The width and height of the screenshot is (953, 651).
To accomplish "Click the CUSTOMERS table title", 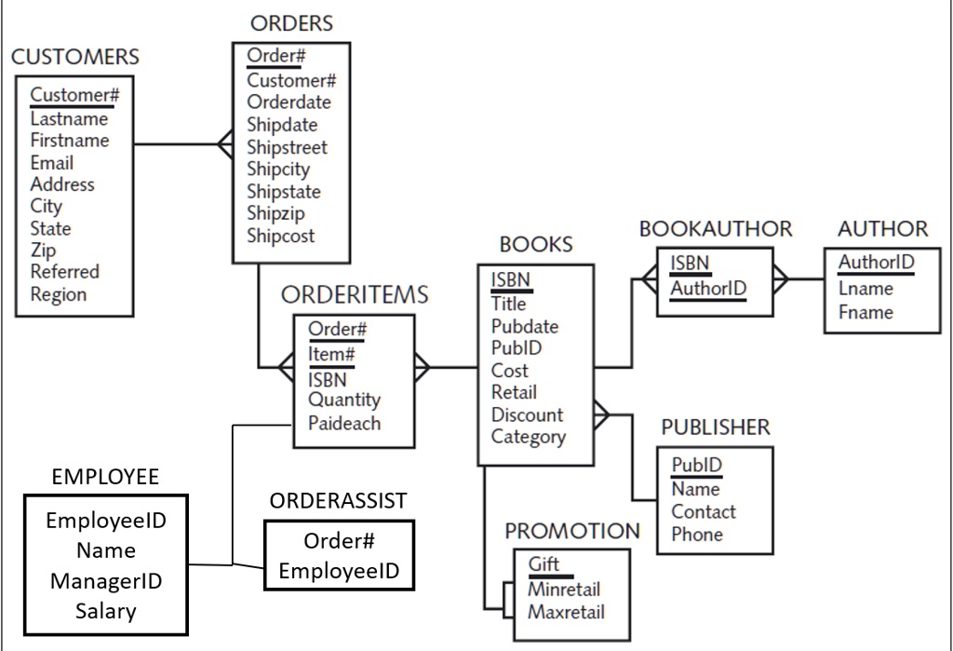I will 75,57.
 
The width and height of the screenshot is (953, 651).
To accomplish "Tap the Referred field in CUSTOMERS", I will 64,272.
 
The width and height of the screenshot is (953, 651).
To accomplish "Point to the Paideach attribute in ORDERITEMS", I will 344,423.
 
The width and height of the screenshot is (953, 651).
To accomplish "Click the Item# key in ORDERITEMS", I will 331,355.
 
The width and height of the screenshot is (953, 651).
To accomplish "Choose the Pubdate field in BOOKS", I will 525,326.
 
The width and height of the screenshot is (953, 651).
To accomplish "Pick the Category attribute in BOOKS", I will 528,437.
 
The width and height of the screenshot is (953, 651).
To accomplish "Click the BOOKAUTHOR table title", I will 716,229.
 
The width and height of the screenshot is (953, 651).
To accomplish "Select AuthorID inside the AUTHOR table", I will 876,262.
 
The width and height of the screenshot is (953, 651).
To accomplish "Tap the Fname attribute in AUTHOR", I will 865,312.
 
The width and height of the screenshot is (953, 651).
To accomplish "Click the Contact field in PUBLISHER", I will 703,511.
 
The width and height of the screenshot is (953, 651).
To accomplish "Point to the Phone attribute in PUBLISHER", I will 697,534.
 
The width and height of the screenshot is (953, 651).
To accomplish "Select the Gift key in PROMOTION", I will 544,564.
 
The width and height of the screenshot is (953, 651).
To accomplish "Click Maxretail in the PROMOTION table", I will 566,612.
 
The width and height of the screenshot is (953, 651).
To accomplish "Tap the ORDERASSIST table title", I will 338,500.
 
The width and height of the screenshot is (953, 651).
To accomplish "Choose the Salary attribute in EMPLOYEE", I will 106,611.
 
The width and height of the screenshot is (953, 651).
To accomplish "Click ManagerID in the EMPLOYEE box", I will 106,581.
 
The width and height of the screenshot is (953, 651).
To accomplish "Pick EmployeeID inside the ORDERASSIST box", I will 339,570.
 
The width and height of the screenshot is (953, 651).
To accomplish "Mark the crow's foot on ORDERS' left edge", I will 224,143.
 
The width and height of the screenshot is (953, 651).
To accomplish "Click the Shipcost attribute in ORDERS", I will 280,236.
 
